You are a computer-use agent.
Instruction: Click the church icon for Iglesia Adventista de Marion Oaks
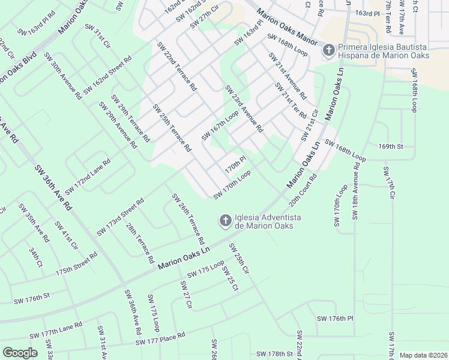(225, 221)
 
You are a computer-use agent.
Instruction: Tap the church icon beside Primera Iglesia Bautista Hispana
(328, 50)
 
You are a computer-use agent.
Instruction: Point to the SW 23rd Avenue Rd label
(244, 109)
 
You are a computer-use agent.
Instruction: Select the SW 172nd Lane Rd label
(88, 176)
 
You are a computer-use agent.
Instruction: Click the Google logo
(20, 352)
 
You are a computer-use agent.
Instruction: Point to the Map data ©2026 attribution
(423, 355)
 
